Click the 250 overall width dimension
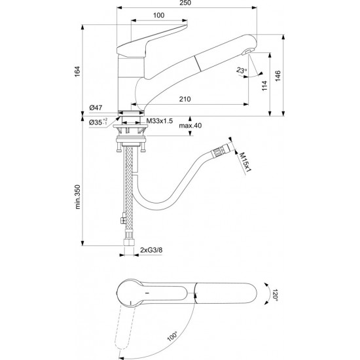pos(185,3)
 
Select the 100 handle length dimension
pos(158,16)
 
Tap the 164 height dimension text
pos(77,71)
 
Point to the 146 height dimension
pos(278,76)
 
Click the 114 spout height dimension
pos(264,86)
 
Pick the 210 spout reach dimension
pos(185,99)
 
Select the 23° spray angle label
pos(242,70)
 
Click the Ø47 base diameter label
pos(96,107)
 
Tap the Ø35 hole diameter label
pos(98,122)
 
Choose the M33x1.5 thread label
pos(160,121)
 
